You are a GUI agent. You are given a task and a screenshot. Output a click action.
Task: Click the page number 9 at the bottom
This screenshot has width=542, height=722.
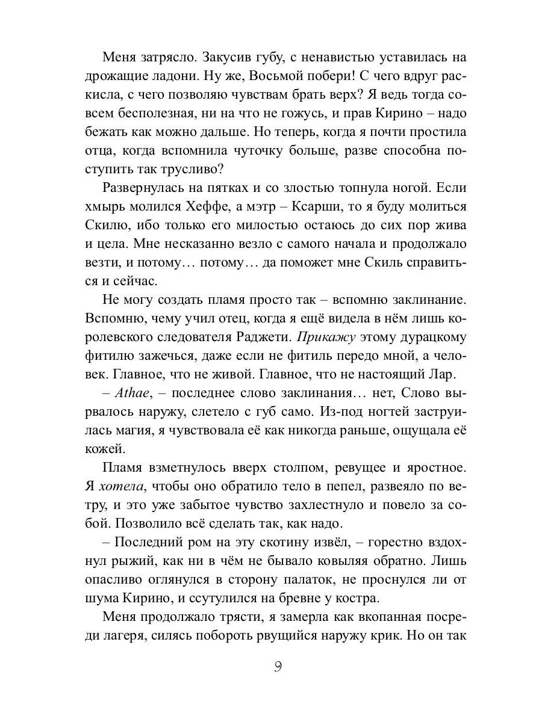[278, 667]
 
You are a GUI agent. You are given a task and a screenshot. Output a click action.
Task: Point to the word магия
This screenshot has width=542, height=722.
[138, 431]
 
